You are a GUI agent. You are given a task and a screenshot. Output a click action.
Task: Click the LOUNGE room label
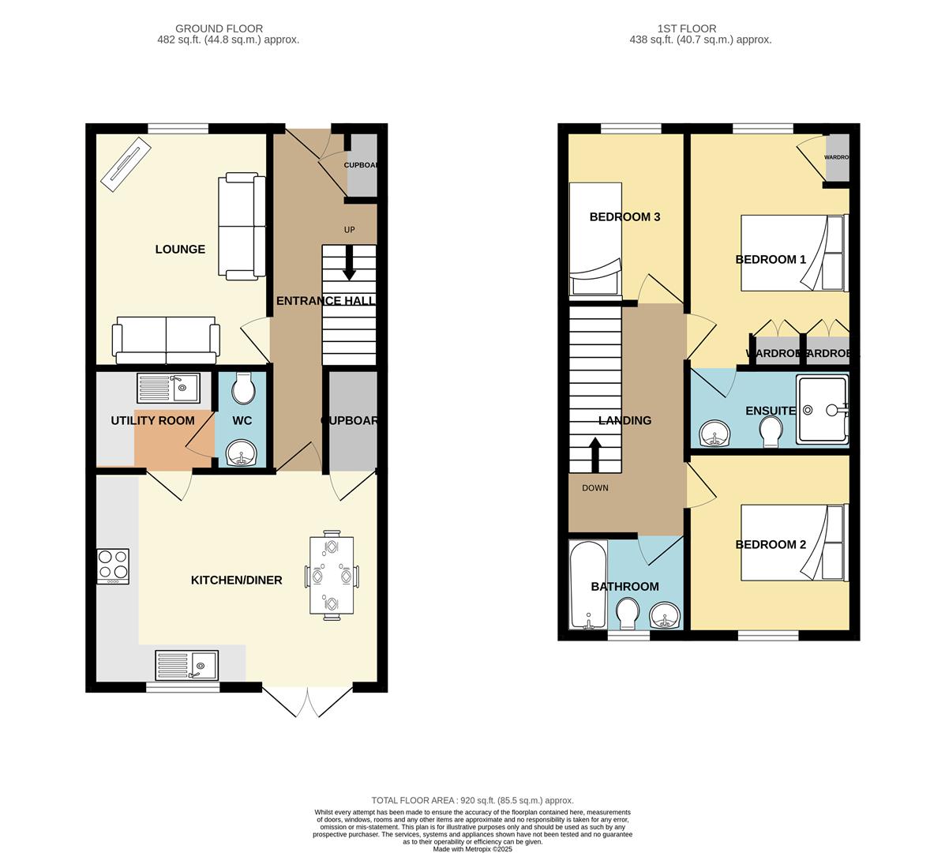click(x=180, y=250)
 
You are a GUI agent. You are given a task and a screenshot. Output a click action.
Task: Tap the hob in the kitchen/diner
click(x=113, y=566)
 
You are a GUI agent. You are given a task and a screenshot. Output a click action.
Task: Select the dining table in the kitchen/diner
click(x=332, y=577)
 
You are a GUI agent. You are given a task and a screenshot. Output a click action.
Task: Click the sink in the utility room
click(x=169, y=388)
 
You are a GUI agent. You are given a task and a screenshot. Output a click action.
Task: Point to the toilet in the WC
click(x=242, y=387)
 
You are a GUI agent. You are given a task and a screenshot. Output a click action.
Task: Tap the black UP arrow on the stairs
click(x=349, y=269)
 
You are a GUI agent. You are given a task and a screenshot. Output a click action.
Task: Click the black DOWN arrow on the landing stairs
click(x=594, y=454)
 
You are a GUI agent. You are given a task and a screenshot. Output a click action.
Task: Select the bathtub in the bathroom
click(x=588, y=584)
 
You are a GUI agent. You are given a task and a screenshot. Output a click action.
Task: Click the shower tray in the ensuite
click(x=821, y=409)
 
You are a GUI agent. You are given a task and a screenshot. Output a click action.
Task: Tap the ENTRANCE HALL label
click(x=325, y=301)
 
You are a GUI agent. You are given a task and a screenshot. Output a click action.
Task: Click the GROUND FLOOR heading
click(x=219, y=28)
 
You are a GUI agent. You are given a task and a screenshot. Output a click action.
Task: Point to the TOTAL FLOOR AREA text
click(x=472, y=800)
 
